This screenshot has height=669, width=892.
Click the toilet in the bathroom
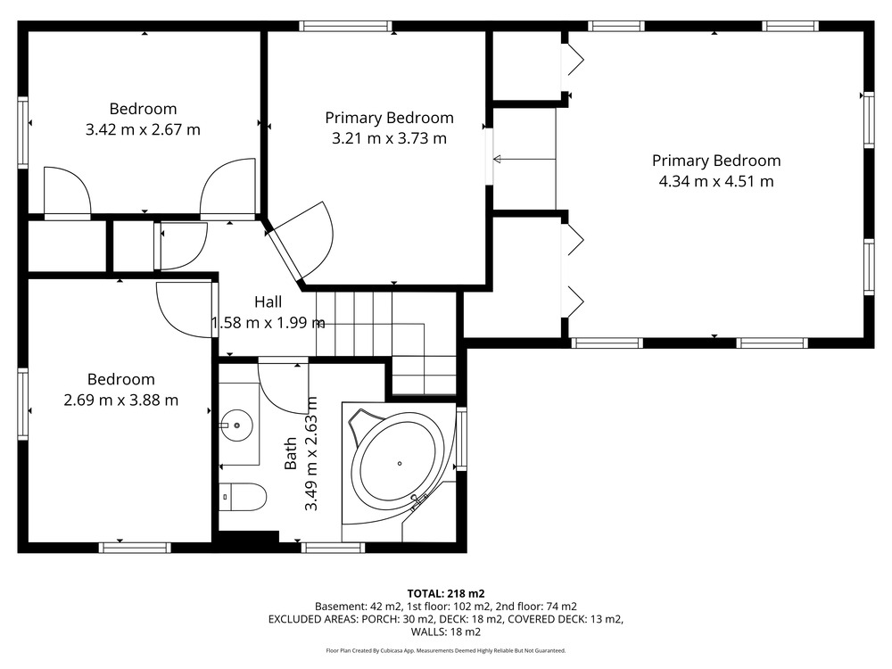pos(243,497)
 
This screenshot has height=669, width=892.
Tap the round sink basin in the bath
pos(236,425)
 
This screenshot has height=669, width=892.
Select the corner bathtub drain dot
pos(400,464)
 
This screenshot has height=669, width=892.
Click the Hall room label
pos(268,301)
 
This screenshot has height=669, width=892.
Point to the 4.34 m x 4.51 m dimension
pos(716,181)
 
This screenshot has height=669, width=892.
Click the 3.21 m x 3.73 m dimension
pos(389,138)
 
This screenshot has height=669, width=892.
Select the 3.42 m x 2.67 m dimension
pos(143,129)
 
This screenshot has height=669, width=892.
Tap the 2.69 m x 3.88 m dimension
pos(121,401)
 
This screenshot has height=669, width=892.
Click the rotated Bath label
pos(291,453)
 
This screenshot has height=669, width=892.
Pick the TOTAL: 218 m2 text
pos(446,594)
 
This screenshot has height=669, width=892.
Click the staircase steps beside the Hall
pos(387,343)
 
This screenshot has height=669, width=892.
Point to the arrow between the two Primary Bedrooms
pos(524,160)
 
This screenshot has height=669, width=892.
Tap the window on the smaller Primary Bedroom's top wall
pos(346,26)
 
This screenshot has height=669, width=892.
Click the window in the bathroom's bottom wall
pos(333,548)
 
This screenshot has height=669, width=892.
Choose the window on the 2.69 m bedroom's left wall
pos(23,404)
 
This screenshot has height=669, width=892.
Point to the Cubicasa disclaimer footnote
pos(446,650)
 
